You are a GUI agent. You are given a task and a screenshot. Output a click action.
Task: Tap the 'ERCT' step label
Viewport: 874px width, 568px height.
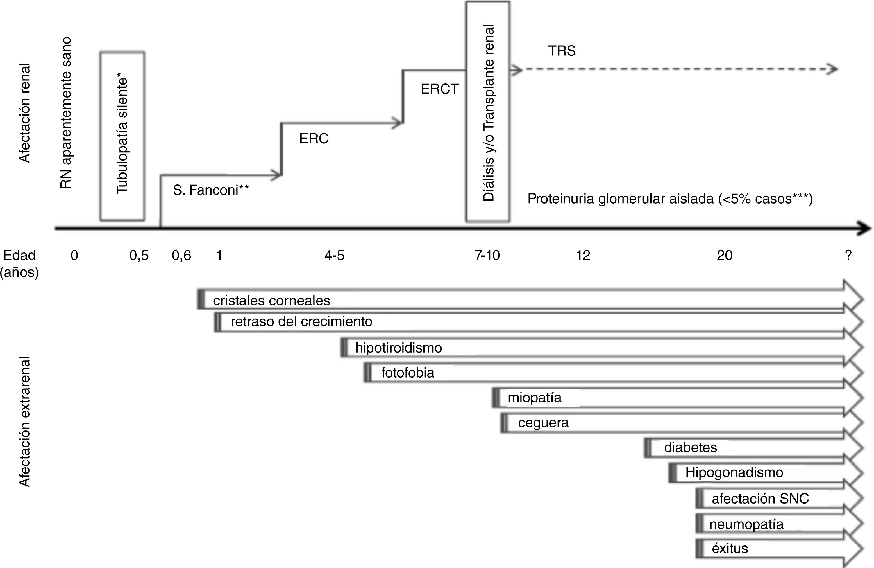pyautogui.click(x=439, y=89)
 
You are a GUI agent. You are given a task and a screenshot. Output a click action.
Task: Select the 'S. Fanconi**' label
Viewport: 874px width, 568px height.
pyautogui.click(x=211, y=190)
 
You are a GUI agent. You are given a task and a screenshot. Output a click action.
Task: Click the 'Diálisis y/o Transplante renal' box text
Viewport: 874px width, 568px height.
pyautogui.click(x=488, y=113)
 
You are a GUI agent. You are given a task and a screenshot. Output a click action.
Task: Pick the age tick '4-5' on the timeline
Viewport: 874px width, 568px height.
pyautogui.click(x=334, y=255)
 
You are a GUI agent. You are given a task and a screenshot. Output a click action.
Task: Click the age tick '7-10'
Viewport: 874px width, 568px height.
pyautogui.click(x=487, y=255)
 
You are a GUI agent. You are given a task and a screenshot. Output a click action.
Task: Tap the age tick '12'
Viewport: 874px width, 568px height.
pyautogui.click(x=583, y=255)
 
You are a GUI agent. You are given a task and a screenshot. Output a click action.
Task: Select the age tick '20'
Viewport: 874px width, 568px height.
pyautogui.click(x=725, y=255)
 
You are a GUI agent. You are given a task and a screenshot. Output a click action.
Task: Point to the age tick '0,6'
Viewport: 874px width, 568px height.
pyautogui.click(x=181, y=255)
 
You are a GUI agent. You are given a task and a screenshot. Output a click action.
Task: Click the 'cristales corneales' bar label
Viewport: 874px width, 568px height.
pyautogui.click(x=271, y=301)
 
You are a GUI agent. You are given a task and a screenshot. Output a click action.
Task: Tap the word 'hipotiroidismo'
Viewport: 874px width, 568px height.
pyautogui.click(x=398, y=348)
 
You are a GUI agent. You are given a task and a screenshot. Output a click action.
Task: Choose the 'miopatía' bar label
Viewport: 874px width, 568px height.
pyautogui.click(x=534, y=398)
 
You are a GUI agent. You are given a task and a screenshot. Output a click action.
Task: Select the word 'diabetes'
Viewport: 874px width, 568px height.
pyautogui.click(x=690, y=448)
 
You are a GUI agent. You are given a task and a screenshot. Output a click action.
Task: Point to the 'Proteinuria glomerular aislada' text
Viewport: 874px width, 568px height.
pyautogui.click(x=621, y=199)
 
